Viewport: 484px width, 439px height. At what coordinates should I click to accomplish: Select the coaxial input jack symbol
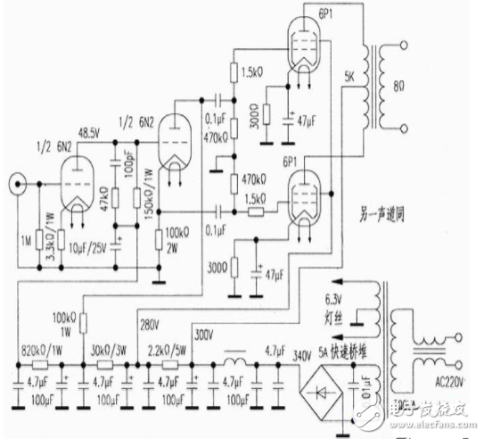point(16,188)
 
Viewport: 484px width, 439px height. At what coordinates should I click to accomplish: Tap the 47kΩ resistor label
point(106,203)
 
